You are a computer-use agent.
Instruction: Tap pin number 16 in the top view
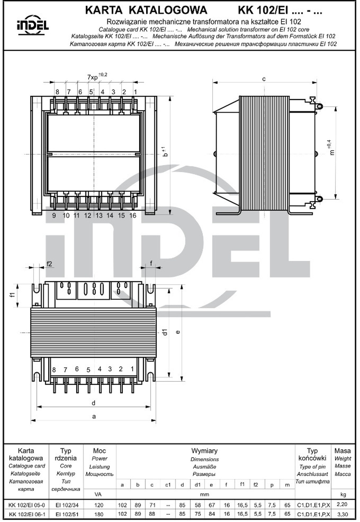133,215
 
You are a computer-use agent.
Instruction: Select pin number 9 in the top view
54,215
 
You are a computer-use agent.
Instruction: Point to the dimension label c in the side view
264,79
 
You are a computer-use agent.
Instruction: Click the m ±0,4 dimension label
331,148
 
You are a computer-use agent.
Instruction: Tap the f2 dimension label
49,264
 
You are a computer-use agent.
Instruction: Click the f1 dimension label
13,294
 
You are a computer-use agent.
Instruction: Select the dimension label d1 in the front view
165,332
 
